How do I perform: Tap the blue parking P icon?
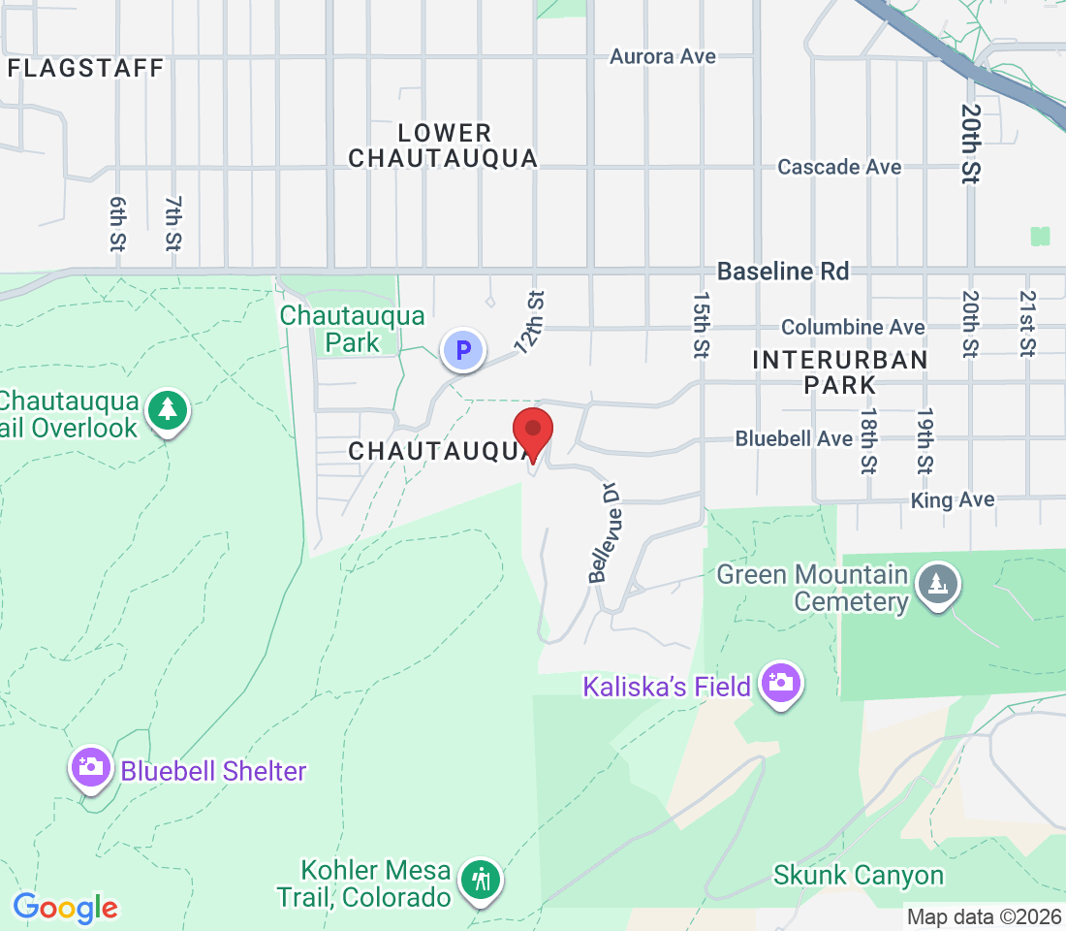(x=463, y=349)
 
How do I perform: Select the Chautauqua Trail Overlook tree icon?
(x=169, y=410)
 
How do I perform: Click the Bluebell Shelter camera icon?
(x=90, y=767)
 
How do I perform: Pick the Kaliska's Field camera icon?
(x=781, y=684)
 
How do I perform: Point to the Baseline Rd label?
(x=783, y=272)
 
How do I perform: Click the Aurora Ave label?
(x=663, y=56)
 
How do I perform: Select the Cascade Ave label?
(x=839, y=167)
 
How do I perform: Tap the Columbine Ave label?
(x=853, y=328)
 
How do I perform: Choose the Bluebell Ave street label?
(x=794, y=438)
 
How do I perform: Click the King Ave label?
(x=953, y=500)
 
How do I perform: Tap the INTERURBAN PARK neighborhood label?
(x=840, y=372)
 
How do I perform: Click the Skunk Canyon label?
(x=859, y=875)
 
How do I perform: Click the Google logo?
(x=65, y=908)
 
